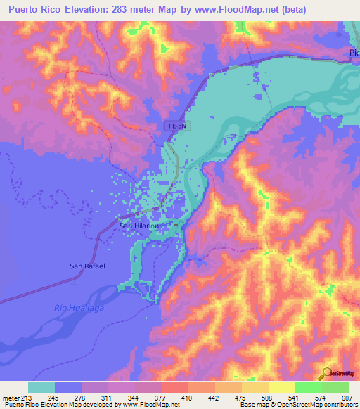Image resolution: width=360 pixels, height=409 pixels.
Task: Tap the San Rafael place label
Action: tap(86, 266)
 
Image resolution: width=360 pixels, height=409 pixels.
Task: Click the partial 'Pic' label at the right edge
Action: tap(354, 53)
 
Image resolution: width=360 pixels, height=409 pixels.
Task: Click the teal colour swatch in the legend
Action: tap(41, 388)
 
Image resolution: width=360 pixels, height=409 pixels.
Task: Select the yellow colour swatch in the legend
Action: tap(282, 388)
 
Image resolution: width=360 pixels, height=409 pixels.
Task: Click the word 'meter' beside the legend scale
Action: tap(11, 398)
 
